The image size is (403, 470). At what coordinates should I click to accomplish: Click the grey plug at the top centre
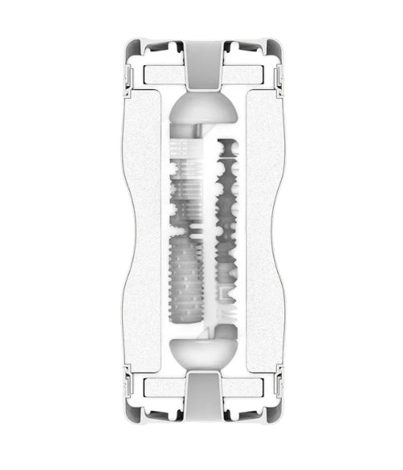[x=201, y=63]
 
